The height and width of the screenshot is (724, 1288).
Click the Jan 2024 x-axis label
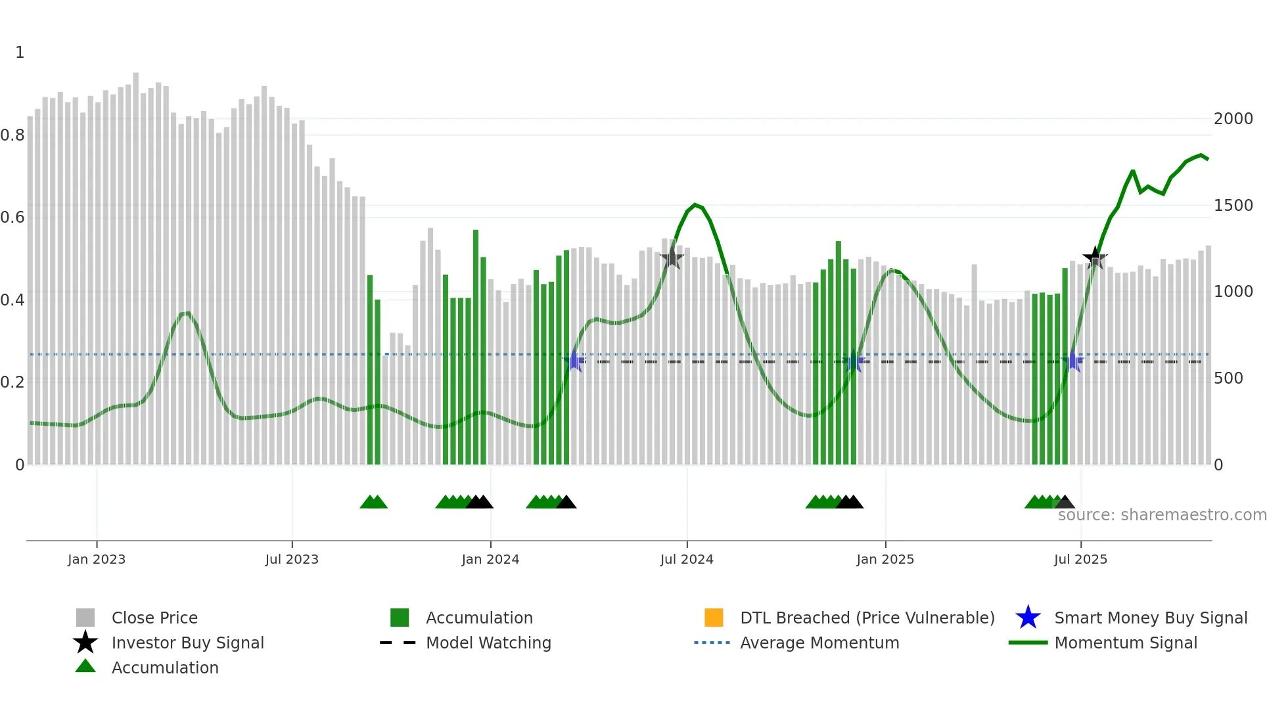[490, 559]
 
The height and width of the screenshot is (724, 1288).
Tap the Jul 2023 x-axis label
[292, 559]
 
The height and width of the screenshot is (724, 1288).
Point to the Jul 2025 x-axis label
[1080, 559]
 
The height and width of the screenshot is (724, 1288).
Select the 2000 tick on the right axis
[1233, 119]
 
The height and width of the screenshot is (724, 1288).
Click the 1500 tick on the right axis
[1233, 206]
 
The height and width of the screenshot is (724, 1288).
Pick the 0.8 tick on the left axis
[13, 135]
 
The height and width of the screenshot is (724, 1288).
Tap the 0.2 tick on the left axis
[13, 382]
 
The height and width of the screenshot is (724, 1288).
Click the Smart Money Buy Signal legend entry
[1150, 618]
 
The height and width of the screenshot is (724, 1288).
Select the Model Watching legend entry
[488, 643]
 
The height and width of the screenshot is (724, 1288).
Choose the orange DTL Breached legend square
[714, 618]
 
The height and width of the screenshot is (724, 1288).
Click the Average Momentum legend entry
[819, 643]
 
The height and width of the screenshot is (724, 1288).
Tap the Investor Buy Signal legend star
[85, 643]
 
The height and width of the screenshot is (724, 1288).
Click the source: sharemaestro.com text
[1162, 515]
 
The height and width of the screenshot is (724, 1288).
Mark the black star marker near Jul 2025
[1094, 258]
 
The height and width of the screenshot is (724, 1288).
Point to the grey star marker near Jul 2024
[672, 258]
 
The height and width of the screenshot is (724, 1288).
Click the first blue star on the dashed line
[574, 361]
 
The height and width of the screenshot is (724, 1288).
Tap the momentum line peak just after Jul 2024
[695, 205]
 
